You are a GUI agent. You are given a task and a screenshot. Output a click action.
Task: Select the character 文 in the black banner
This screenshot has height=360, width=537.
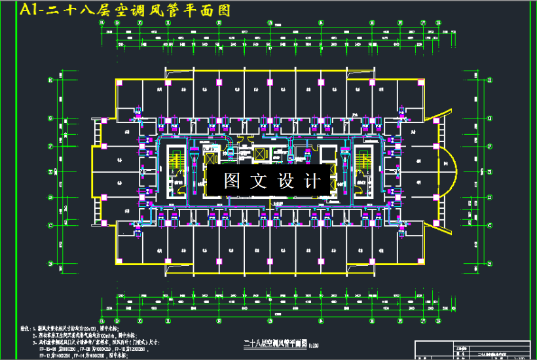point(260,181)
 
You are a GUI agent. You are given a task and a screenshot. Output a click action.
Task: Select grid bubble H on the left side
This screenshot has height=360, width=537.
point(50,81)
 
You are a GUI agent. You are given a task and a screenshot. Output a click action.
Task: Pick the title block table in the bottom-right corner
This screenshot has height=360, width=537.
point(474,350)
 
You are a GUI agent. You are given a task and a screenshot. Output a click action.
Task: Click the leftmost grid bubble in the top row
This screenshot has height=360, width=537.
point(102,22)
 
